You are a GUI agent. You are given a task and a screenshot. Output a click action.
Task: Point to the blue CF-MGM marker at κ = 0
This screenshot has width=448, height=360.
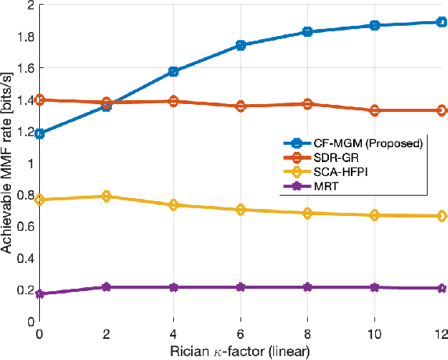39,134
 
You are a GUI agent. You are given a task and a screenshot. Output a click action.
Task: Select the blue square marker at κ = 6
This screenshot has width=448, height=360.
240,45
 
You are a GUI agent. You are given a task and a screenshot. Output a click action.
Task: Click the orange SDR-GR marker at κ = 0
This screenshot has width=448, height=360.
39,100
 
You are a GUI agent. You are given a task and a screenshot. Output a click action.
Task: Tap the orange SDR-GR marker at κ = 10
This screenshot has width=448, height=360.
374,111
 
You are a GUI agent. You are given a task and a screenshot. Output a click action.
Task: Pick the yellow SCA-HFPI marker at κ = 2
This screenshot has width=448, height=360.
107,196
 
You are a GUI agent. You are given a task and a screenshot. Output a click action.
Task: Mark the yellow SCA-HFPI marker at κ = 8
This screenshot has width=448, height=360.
308,213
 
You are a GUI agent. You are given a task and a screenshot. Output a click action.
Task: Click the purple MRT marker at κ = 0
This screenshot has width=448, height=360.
39,294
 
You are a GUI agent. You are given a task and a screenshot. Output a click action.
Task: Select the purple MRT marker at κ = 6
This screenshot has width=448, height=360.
240,287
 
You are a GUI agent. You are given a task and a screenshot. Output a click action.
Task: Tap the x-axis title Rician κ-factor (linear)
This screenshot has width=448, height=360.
240,351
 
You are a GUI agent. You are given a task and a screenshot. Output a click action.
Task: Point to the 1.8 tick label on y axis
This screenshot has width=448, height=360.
25,36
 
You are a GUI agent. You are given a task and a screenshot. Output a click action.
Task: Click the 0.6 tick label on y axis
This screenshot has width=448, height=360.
25,226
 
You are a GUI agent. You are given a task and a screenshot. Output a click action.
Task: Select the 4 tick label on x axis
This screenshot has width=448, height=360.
173,333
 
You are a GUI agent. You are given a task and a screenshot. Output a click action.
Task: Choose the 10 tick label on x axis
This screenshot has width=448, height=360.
374,333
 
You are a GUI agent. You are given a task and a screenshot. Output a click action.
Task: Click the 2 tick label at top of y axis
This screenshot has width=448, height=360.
30,5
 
